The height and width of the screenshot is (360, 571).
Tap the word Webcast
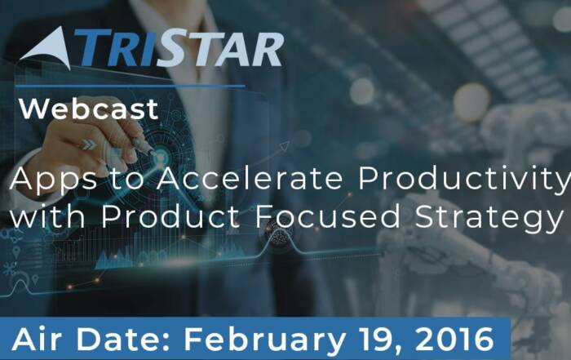89,109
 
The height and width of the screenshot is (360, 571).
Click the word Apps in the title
54,180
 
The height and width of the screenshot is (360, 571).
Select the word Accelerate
250,179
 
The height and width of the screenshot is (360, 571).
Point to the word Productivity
464,180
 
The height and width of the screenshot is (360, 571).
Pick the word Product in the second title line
170,216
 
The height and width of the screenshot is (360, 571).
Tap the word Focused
328,216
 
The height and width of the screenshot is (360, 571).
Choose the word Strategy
489,218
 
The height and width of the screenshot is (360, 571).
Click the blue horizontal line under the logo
130,87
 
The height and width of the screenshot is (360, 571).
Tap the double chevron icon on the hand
88,144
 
